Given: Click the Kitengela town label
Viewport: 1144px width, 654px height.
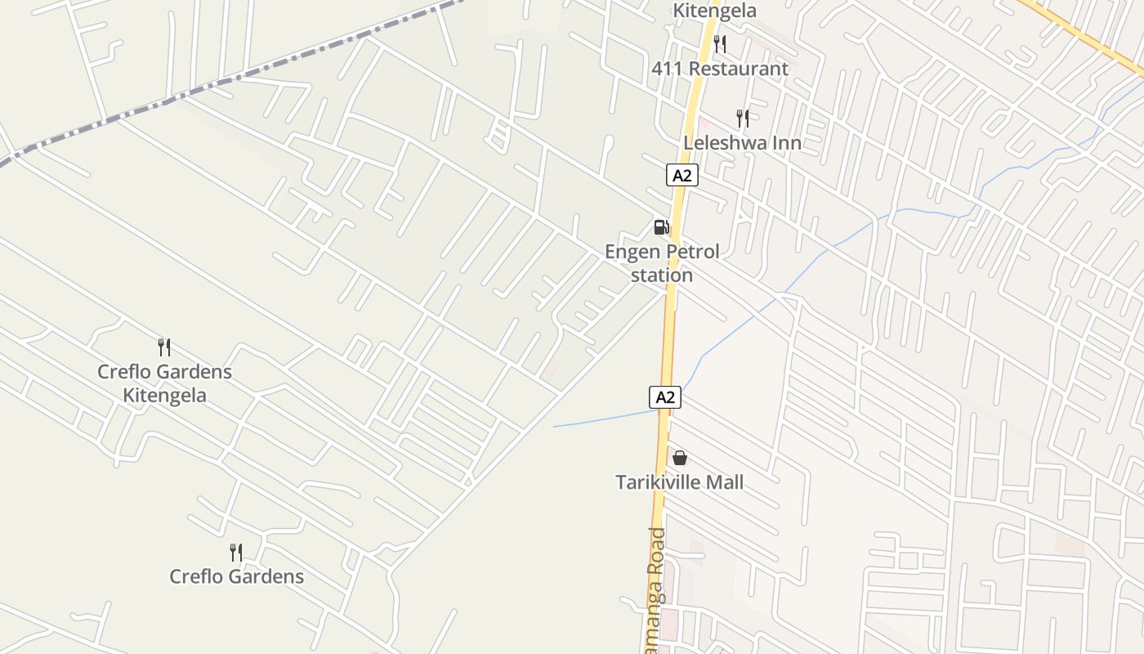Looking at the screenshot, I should click(x=714, y=11).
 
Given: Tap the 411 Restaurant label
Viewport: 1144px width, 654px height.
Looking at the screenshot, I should click(x=720, y=69).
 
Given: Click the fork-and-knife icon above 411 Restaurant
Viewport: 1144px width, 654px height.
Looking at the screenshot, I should click(x=720, y=44).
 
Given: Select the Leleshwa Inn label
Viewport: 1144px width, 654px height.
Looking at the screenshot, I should click(x=742, y=143).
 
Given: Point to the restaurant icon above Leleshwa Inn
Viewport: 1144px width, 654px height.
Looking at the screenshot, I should click(x=742, y=119).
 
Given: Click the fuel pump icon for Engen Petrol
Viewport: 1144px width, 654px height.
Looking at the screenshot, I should click(x=662, y=227).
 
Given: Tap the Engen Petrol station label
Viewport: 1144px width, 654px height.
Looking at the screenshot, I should click(x=662, y=262).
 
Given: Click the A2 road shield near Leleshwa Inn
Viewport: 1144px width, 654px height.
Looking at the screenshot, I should click(x=682, y=175).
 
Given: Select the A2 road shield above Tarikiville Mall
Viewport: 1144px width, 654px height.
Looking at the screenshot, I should click(x=665, y=397).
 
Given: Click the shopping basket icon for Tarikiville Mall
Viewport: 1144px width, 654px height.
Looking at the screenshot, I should click(x=680, y=458).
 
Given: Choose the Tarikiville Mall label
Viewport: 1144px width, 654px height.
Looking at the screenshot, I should click(x=680, y=482).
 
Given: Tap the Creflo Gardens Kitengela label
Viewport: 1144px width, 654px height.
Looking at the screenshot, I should click(x=164, y=383).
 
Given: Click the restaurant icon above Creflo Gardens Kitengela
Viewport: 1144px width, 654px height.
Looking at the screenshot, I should click(x=164, y=347).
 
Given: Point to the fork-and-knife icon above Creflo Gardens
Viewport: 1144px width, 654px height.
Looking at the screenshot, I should click(x=236, y=553).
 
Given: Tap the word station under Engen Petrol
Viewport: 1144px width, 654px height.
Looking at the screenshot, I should click(x=662, y=275).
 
